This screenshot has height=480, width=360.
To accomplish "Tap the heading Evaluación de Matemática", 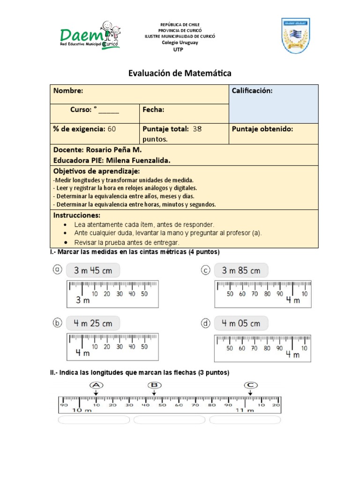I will click(180, 73).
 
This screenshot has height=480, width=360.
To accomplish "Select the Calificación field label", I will click(252, 90).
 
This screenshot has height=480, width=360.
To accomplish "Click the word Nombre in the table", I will click(68, 90).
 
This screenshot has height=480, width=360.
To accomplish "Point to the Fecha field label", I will click(153, 110).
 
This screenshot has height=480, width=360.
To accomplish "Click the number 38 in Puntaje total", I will click(197, 129).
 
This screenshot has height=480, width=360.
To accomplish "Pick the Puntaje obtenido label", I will click(262, 129).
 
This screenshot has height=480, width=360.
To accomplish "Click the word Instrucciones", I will click(76, 215).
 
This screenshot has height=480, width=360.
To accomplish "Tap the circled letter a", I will click(57, 270).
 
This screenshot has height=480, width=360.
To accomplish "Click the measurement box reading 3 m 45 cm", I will click(93, 270).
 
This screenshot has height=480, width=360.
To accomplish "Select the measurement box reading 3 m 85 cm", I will click(241, 270).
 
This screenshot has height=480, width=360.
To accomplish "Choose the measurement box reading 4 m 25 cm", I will click(93, 323).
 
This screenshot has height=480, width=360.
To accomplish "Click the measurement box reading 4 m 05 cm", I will click(241, 323).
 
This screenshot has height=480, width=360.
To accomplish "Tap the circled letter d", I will click(205, 323).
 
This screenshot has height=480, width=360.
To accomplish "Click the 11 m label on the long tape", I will click(245, 411).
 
